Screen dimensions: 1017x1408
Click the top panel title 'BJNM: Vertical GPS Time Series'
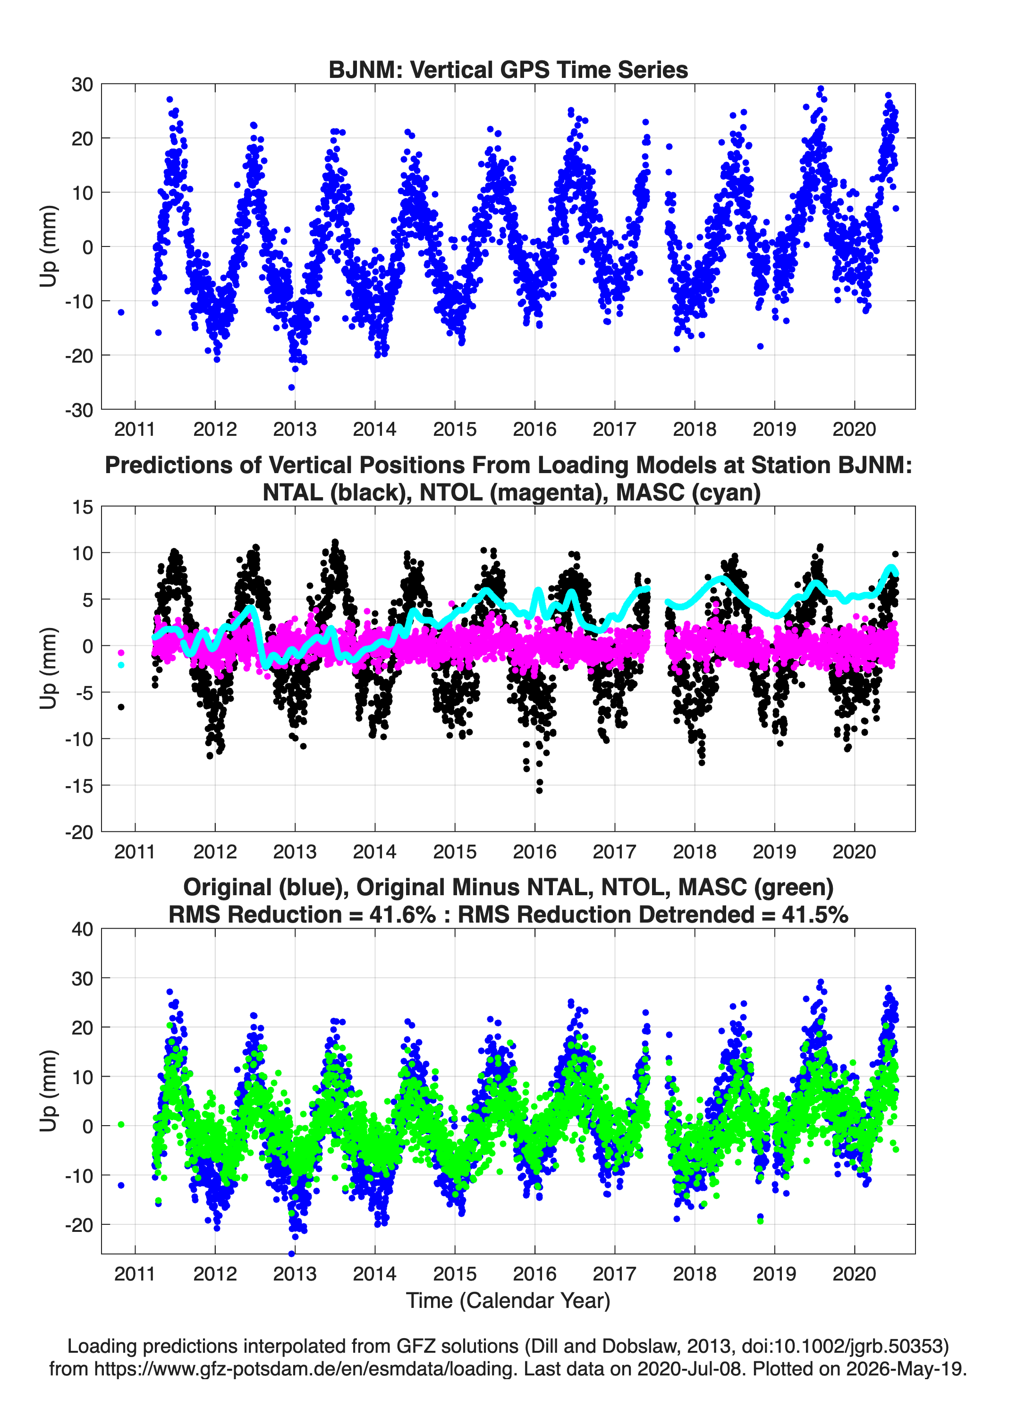click(x=508, y=69)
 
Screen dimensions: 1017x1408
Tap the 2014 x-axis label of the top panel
click(x=374, y=429)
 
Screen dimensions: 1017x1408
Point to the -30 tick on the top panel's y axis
click(x=79, y=410)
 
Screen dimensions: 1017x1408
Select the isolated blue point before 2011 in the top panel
click(x=121, y=312)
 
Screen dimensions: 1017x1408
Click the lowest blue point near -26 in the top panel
click(x=291, y=387)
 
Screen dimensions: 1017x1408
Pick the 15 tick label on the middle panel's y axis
click(x=83, y=507)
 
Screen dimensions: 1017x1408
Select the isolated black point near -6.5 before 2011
click(x=121, y=706)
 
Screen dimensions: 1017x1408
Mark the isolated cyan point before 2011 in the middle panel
click(x=121, y=665)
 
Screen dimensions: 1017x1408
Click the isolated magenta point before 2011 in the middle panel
click(x=121, y=653)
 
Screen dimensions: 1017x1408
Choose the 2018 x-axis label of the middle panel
click(x=694, y=851)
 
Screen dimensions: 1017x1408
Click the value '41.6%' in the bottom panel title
click(x=402, y=915)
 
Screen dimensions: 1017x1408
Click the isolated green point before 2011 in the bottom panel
click(x=121, y=1124)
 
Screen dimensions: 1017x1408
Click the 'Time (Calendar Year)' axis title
click(x=508, y=1300)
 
